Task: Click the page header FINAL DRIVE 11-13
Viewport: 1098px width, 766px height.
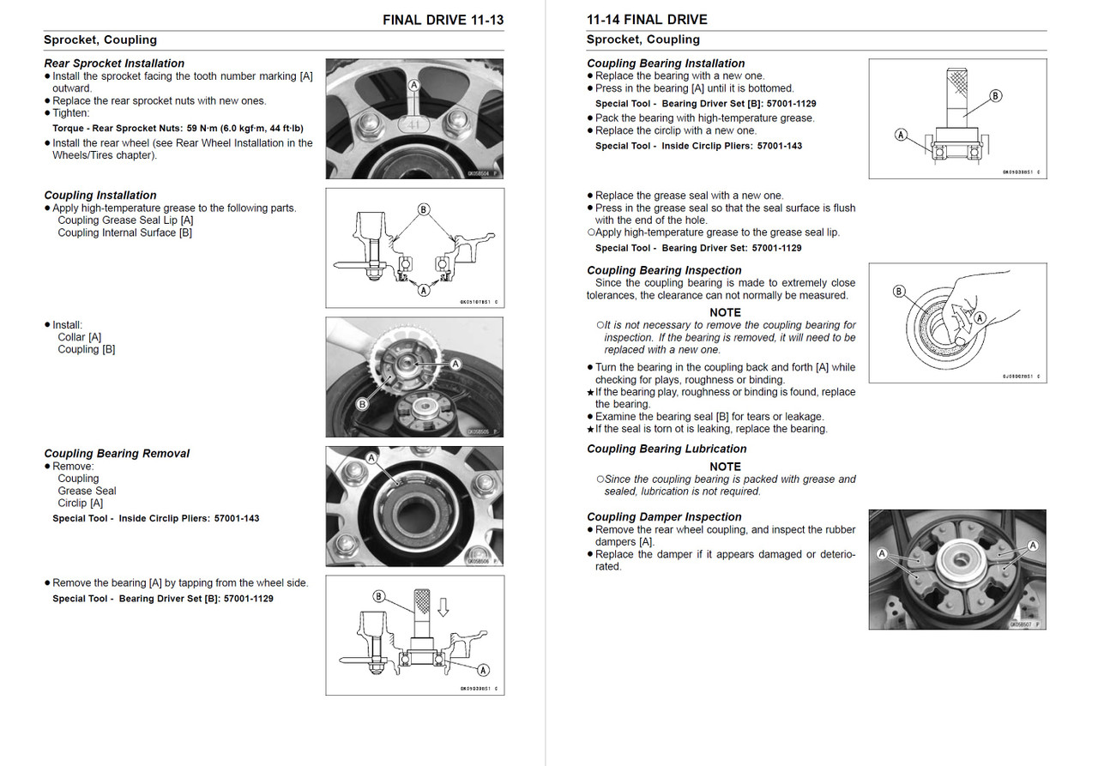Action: pyautogui.click(x=443, y=20)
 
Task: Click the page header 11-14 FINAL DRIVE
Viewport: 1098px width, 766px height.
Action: pyautogui.click(x=647, y=20)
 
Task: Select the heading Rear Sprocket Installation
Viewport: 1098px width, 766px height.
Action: pyautogui.click(x=114, y=63)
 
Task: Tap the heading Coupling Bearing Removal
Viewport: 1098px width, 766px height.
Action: pyautogui.click(x=117, y=454)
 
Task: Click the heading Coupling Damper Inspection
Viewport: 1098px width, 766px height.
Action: pyautogui.click(x=664, y=516)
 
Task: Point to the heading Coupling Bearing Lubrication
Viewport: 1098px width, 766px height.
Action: pyautogui.click(x=667, y=449)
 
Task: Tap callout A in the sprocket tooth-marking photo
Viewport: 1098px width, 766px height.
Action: pyautogui.click(x=414, y=86)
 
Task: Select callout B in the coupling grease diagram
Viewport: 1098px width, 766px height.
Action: pyautogui.click(x=423, y=209)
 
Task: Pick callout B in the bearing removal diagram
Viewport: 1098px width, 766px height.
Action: pyautogui.click(x=378, y=596)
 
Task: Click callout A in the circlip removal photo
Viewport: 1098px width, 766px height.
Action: pyautogui.click(x=371, y=459)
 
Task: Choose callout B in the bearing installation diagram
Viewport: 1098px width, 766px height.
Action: pyautogui.click(x=996, y=96)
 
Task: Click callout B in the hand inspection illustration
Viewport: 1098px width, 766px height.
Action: pyautogui.click(x=899, y=292)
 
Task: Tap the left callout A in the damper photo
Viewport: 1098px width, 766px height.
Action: pyautogui.click(x=882, y=555)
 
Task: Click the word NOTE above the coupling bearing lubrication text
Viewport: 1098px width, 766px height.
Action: pyautogui.click(x=725, y=467)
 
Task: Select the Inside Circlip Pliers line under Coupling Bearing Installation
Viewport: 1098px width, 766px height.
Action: pyautogui.click(x=698, y=146)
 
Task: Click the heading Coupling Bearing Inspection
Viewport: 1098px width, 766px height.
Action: pyautogui.click(x=664, y=270)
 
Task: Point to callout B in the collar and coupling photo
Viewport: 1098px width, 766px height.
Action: pyautogui.click(x=362, y=404)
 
